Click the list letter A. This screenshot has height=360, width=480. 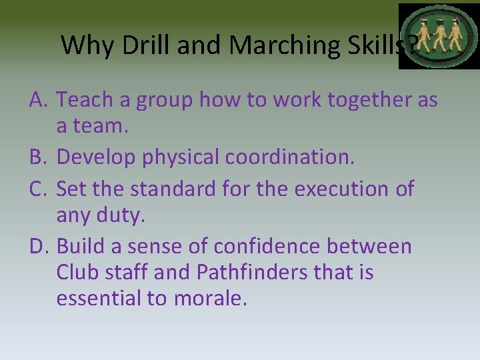click(37, 101)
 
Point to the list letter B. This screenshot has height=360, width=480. click(37, 158)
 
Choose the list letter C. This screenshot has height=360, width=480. click(37, 189)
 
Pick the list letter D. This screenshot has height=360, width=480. click(38, 247)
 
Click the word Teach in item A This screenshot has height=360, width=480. click(81, 101)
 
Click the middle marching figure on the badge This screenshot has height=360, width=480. click(438, 36)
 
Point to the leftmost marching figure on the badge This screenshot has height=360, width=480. click(421, 37)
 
